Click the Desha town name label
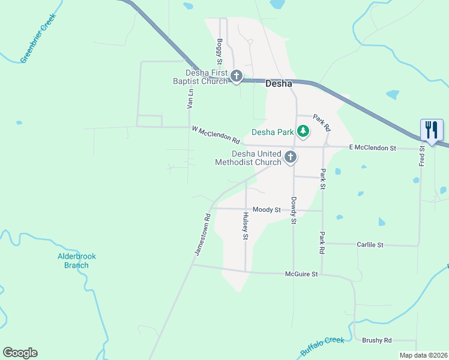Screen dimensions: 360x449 click(279, 84)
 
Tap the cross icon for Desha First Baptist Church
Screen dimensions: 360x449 click(237, 76)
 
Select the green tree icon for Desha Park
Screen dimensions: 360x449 click(303, 131)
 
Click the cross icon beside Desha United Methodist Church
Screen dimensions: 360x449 click(291, 157)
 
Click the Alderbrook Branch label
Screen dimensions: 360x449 click(76, 260)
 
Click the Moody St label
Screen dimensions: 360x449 click(267, 209)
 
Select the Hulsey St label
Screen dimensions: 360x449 click(245, 226)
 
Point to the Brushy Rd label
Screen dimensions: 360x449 click(376, 340)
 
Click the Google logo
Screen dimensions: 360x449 click(20, 353)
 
